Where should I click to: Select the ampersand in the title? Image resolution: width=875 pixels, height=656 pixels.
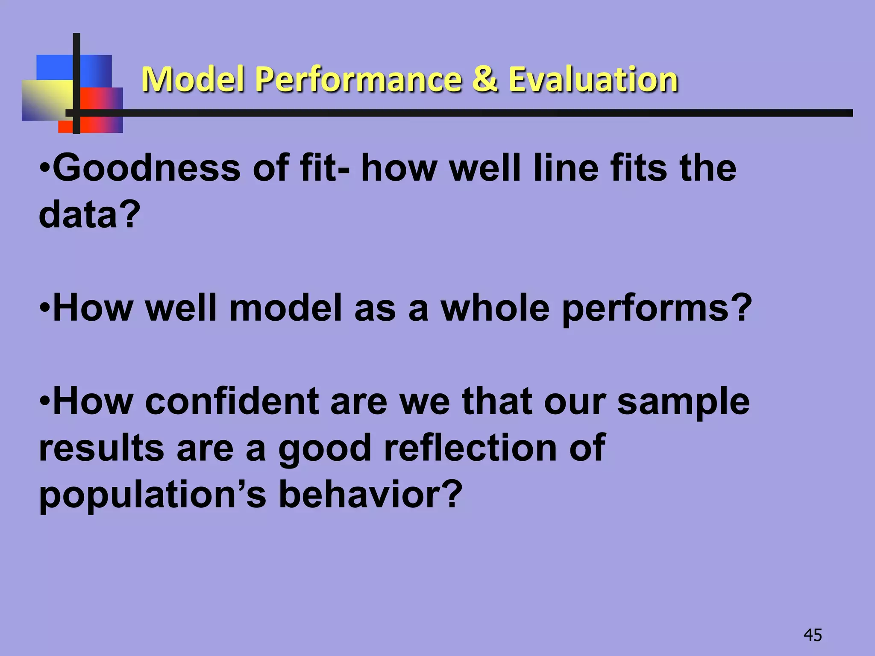pos(485,79)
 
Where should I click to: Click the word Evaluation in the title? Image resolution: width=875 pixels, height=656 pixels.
pos(593,79)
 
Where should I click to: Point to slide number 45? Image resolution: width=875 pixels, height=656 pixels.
pos(813,635)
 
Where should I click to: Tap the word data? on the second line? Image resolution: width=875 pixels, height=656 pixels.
pos(89,214)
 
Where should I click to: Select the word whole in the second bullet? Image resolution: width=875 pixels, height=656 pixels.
pos(495,308)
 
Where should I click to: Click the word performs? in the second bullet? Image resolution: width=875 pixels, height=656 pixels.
pos(657,309)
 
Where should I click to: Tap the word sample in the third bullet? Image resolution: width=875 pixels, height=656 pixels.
pos(683,402)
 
